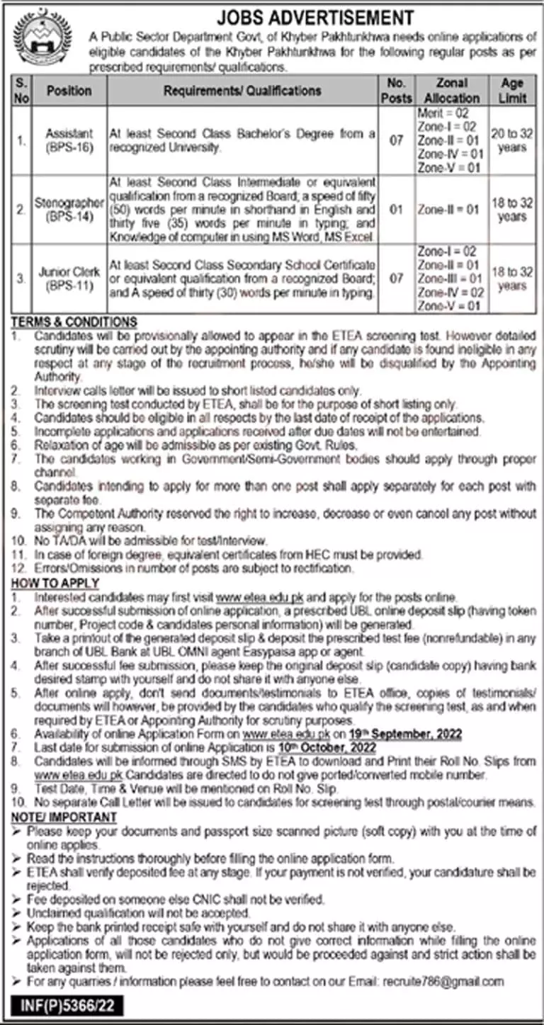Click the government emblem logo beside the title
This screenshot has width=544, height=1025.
coord(44,37)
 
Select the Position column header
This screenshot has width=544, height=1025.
coord(69,91)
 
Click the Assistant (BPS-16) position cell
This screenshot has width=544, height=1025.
coord(69,140)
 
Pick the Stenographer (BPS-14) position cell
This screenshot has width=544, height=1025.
coord(69,210)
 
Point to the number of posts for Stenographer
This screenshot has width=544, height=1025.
coord(396,210)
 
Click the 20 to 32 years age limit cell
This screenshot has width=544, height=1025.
coord(512,140)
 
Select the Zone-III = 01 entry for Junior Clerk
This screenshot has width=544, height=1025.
coord(448,278)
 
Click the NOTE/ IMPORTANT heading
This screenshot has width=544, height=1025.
coord(63,817)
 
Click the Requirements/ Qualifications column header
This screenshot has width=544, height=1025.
coord(242,91)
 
